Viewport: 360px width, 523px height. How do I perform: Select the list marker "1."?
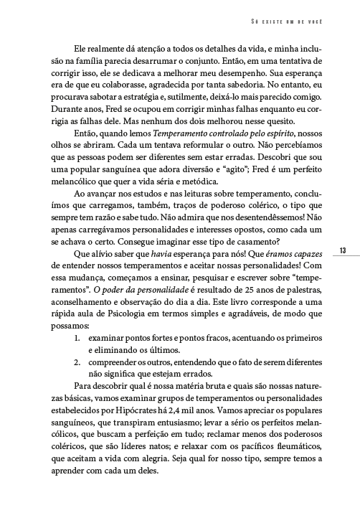(x=78, y=336)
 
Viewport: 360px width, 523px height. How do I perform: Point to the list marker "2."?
(x=78, y=362)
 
